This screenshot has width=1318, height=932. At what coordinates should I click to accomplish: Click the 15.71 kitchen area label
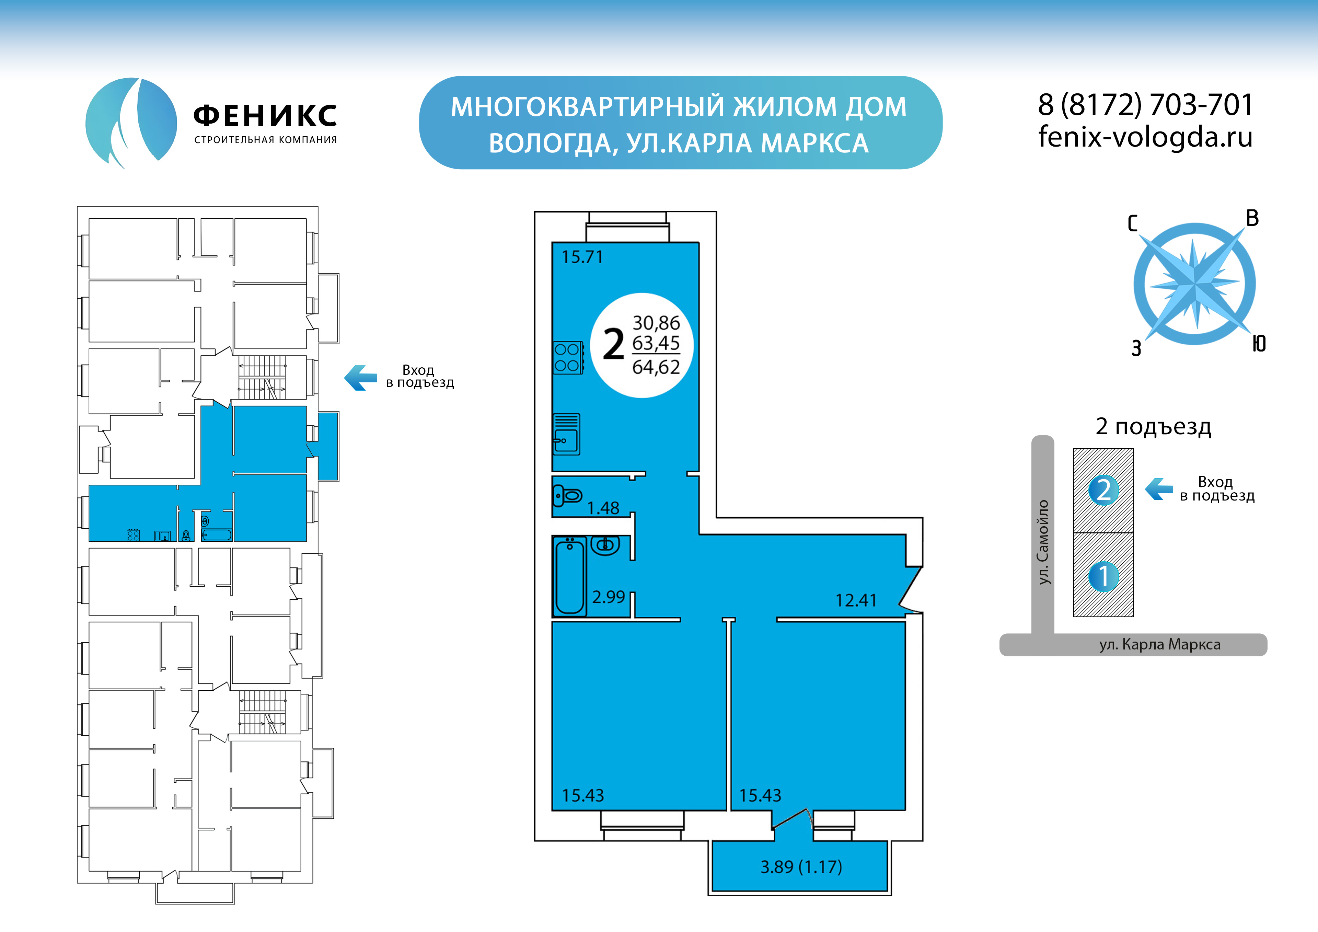(582, 257)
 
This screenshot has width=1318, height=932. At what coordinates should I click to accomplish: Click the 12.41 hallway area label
(856, 601)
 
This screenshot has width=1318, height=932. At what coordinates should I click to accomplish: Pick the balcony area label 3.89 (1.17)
(801, 866)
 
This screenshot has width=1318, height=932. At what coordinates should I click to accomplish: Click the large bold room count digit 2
(614, 345)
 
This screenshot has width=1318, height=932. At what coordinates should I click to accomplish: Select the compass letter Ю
(1259, 344)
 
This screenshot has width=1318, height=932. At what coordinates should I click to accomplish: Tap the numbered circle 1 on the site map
(1103, 577)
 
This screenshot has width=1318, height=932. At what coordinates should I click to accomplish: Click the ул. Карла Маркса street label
(1159, 644)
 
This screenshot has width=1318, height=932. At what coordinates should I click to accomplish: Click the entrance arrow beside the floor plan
(360, 377)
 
